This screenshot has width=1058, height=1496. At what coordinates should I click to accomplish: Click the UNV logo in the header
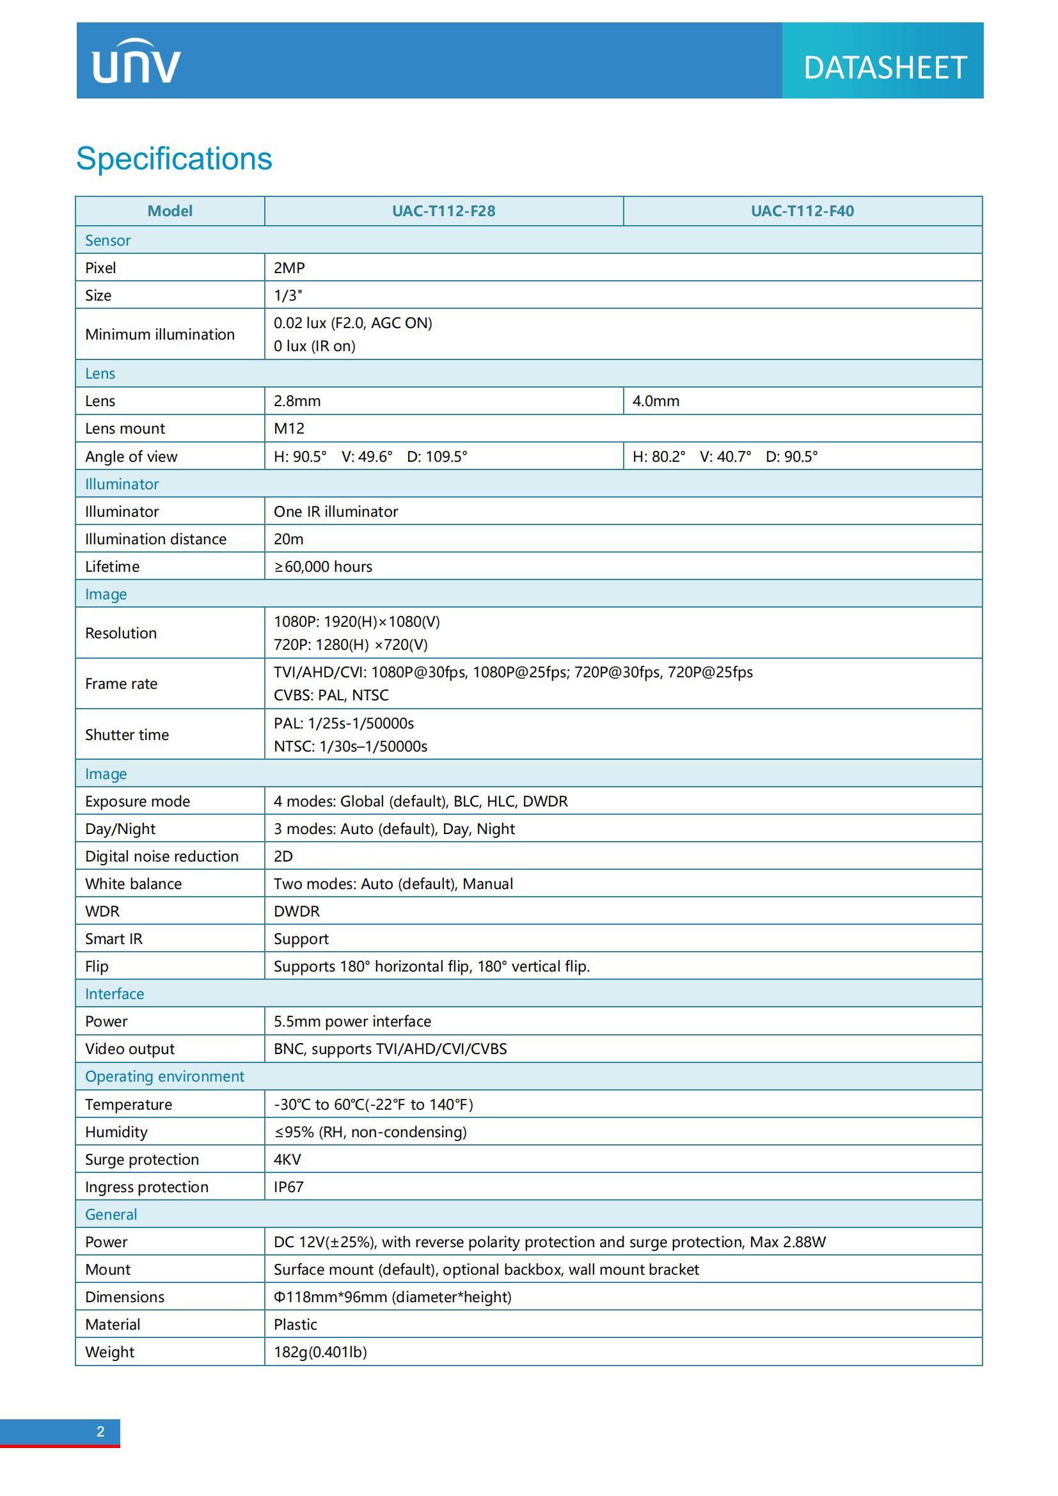click(136, 61)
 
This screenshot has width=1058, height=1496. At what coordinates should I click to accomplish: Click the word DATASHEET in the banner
click(884, 68)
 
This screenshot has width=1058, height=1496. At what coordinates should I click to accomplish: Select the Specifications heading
click(174, 159)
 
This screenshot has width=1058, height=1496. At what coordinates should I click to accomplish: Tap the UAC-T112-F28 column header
click(443, 211)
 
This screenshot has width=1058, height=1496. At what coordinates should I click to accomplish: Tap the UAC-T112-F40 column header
click(802, 211)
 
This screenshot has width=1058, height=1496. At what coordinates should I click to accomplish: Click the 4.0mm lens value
click(656, 401)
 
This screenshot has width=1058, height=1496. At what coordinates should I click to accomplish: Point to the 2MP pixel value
click(289, 268)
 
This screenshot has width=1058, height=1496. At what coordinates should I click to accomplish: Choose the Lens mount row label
click(125, 429)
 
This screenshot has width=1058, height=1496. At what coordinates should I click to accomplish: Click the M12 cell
click(289, 429)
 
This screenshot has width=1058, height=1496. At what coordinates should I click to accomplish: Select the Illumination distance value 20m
click(288, 539)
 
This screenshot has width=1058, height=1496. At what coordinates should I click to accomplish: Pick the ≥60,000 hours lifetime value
click(323, 567)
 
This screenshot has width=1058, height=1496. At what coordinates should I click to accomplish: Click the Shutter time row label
click(127, 735)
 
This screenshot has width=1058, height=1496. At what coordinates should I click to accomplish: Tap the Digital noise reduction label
click(162, 856)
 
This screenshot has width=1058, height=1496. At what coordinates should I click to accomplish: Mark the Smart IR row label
click(113, 939)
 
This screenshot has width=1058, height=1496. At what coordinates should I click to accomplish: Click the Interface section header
click(114, 994)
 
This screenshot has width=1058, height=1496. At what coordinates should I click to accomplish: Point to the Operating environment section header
click(164, 1076)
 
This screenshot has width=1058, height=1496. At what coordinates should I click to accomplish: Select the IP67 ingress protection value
click(288, 1187)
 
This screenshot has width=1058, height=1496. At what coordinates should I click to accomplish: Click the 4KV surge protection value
click(287, 1159)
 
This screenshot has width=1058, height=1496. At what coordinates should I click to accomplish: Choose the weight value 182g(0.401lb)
click(320, 1352)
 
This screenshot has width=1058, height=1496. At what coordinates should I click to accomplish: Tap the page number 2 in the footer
click(100, 1431)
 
